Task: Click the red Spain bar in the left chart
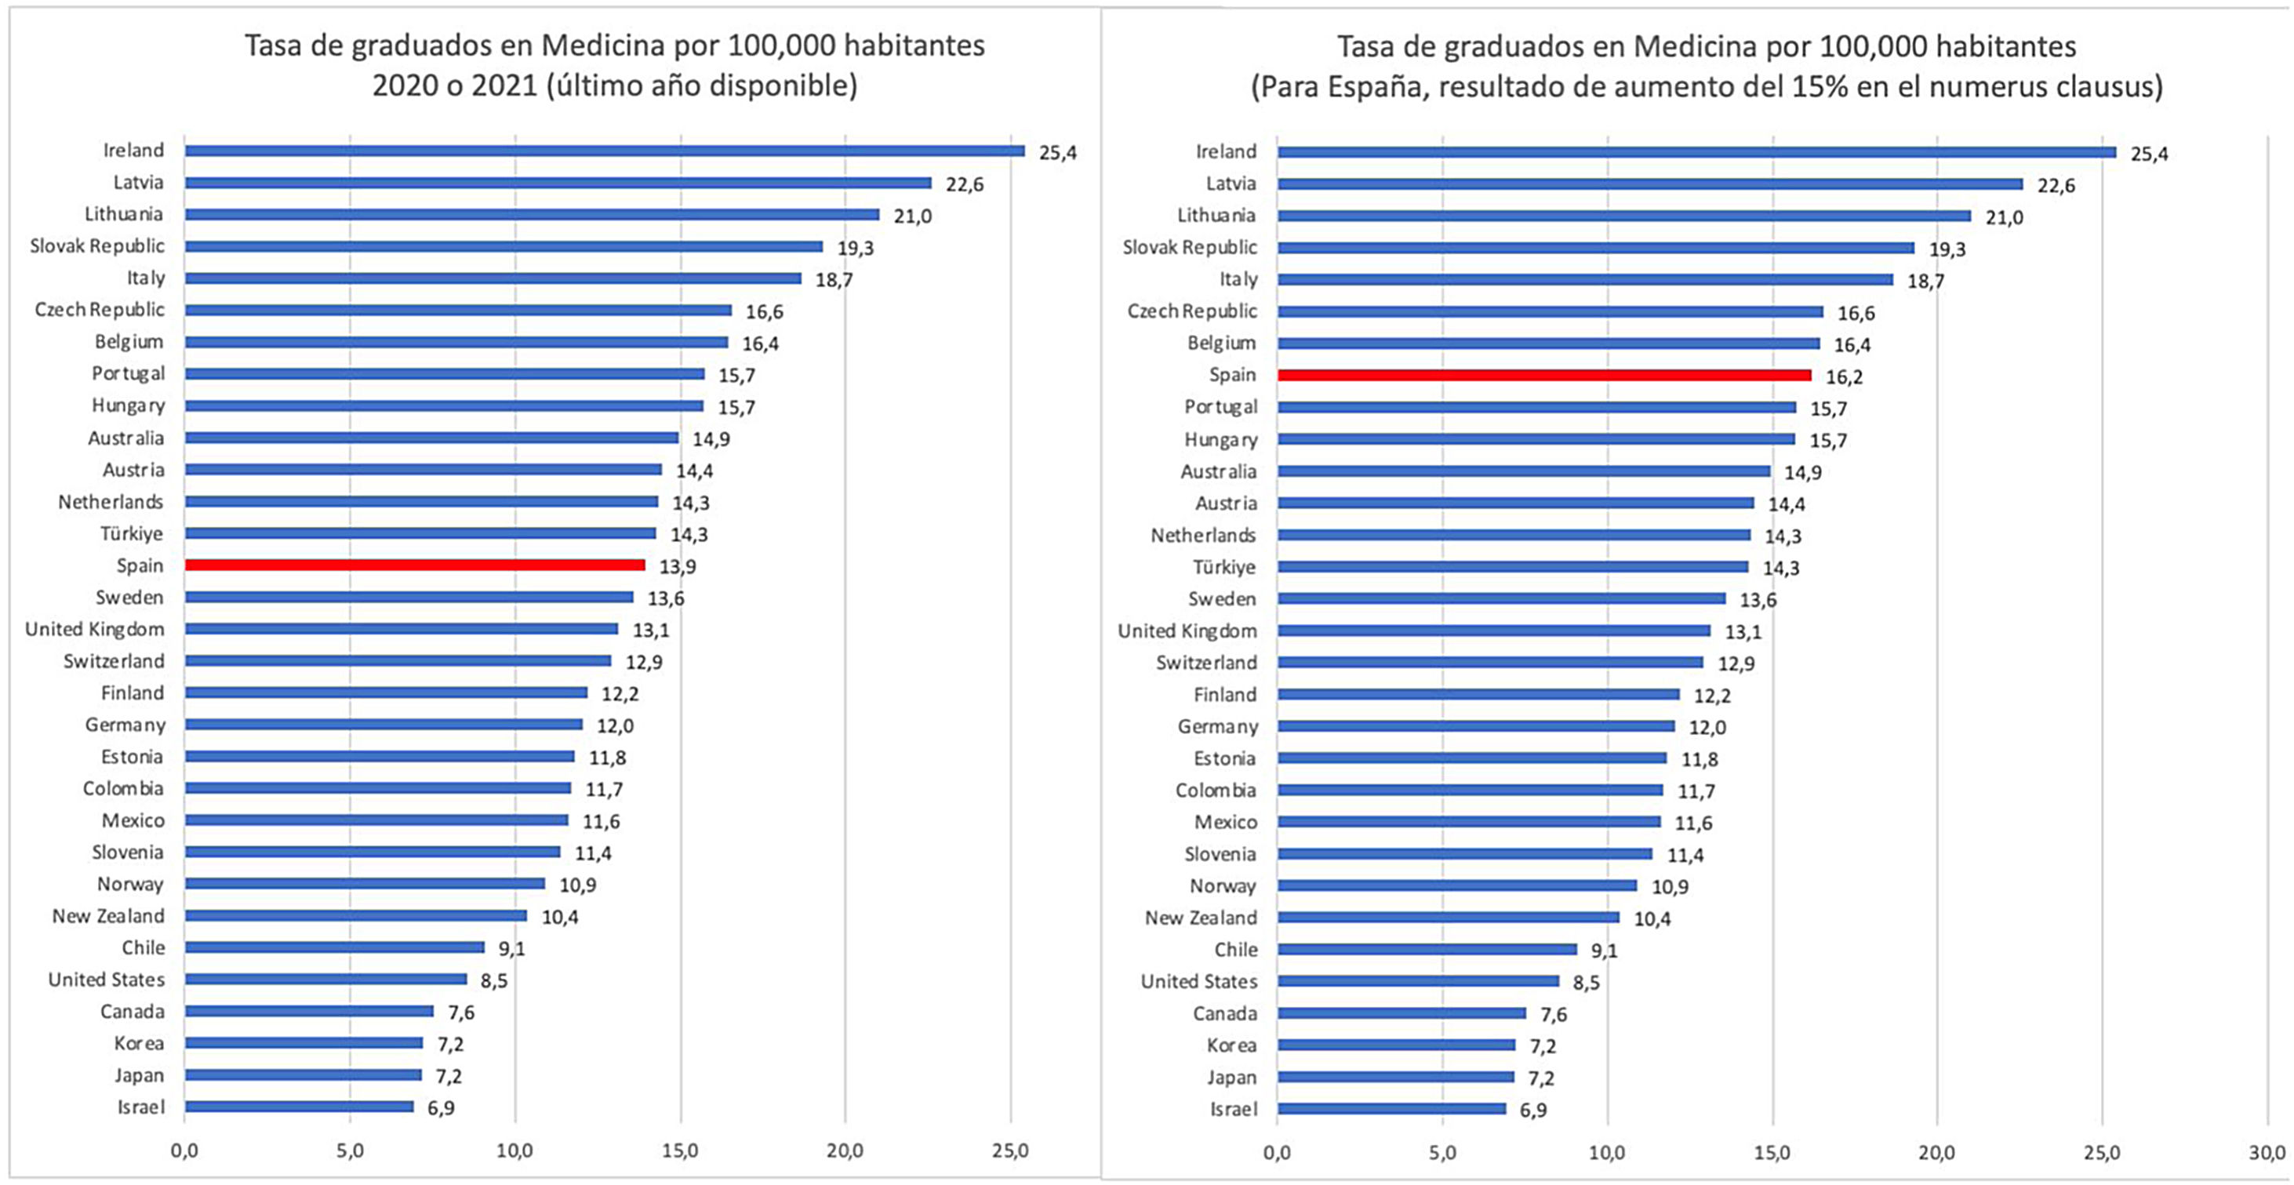[x=415, y=565]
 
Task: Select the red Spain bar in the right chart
[x=1544, y=376]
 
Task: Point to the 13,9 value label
[x=678, y=566]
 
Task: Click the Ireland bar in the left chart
[x=605, y=151]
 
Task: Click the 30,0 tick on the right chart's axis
[x=2267, y=1152]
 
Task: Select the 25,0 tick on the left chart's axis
[x=1010, y=1150]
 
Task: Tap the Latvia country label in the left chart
[x=138, y=183]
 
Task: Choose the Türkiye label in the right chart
[x=1224, y=567]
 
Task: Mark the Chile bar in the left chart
[x=335, y=947]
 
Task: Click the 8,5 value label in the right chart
[x=1586, y=983]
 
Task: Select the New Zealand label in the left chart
[x=107, y=916]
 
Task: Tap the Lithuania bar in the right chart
[x=1623, y=216]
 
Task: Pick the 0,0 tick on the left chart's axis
[x=184, y=1150]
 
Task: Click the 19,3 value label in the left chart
[x=855, y=248]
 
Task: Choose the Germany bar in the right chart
[x=1475, y=726]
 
